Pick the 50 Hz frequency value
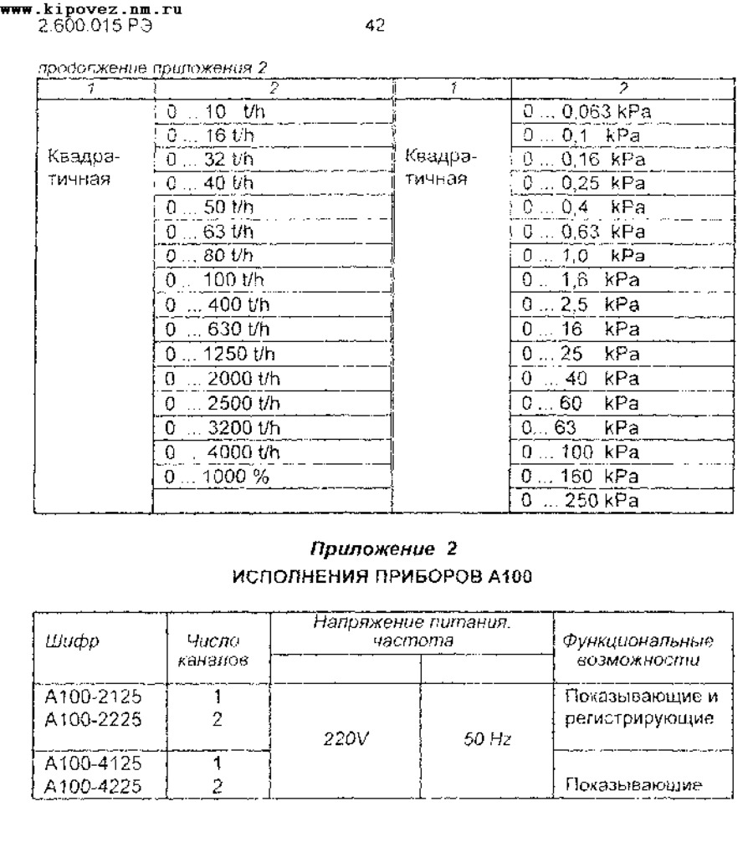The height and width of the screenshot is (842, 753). point(488,740)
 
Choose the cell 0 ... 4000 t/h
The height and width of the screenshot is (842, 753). point(222,452)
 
